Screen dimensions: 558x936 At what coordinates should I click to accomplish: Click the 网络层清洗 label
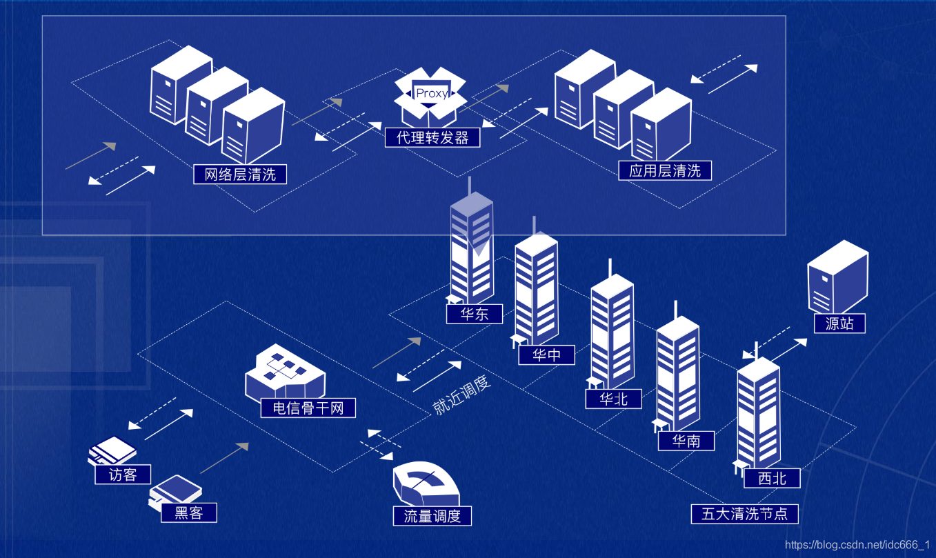[x=240, y=175]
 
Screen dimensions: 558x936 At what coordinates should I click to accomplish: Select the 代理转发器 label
[x=432, y=138]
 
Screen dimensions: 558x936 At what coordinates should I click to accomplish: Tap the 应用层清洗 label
[x=665, y=170]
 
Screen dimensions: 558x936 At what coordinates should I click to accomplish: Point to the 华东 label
[x=474, y=314]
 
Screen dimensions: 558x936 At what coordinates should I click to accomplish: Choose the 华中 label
[x=546, y=355]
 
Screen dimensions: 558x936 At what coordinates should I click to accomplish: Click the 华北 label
[x=613, y=399]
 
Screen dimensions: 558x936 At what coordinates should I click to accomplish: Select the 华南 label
[x=686, y=441]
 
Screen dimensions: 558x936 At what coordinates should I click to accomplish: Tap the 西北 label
[x=772, y=478]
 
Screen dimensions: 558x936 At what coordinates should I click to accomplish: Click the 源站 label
[x=839, y=323]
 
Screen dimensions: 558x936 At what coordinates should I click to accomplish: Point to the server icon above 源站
[x=837, y=276]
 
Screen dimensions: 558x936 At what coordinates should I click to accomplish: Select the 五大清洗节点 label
[x=749, y=514]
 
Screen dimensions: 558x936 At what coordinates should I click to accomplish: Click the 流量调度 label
[x=432, y=516]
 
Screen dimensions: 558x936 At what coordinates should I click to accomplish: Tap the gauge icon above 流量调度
[x=426, y=484]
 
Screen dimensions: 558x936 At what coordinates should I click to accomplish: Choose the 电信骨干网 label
[x=308, y=408]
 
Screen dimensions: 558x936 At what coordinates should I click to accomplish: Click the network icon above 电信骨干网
[x=284, y=373]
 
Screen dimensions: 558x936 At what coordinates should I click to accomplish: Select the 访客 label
[x=123, y=475]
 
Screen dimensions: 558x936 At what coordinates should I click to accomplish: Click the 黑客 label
[x=189, y=512]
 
